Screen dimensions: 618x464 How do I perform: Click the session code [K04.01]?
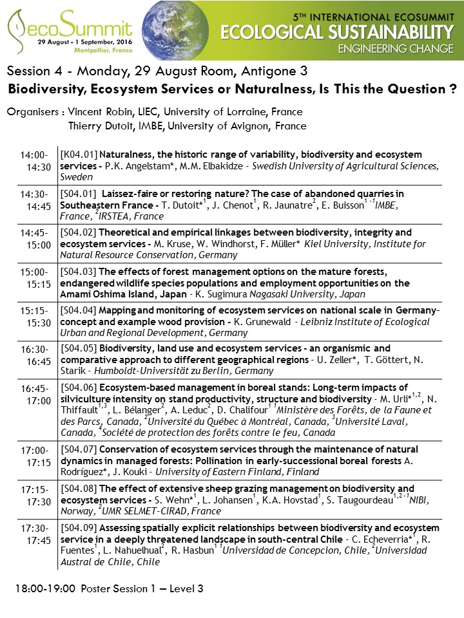point(78,154)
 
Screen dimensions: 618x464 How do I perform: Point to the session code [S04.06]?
point(78,387)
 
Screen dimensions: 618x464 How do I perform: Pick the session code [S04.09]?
point(78,528)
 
